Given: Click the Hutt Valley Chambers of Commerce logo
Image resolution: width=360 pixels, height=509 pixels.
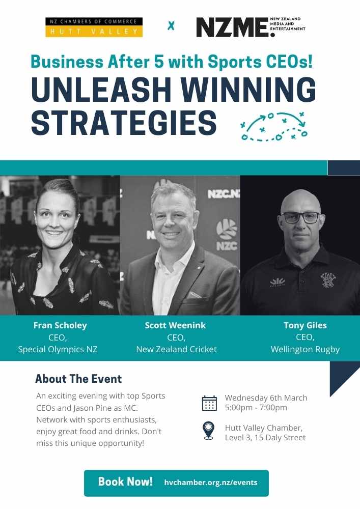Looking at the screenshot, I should coord(94,27).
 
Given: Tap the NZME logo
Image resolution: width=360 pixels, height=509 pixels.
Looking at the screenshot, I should coord(250,27).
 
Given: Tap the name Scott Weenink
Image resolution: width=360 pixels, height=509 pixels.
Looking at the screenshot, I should coord(176,326).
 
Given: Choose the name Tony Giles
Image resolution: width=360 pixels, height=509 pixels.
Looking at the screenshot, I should coord(304,326).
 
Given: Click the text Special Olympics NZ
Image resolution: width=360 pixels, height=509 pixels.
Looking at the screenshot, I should coord(58,349).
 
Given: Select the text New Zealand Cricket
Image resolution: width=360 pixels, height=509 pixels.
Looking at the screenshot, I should coord(176,349).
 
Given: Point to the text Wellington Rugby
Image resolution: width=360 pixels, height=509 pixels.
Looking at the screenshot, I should coord(304,349).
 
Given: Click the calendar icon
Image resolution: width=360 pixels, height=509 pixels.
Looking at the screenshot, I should coord(209,403).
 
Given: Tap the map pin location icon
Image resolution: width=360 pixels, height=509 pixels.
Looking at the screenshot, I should coord(209,431).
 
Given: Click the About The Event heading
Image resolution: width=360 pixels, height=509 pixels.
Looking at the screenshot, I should coord(78,379).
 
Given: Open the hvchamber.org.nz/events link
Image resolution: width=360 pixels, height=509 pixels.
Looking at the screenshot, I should coord(211,483).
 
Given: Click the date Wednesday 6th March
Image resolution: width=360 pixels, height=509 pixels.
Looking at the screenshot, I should coord(266,398).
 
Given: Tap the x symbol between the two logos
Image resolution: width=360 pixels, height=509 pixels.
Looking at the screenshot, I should coord(171,25).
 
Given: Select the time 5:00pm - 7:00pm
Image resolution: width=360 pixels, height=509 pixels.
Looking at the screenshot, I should coord(256,407).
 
